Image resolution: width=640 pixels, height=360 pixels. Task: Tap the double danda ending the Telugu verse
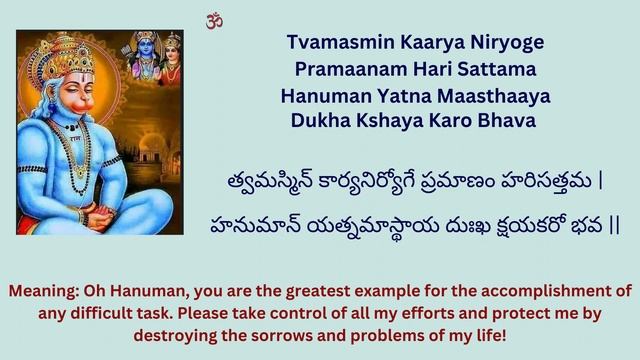pos(613,223)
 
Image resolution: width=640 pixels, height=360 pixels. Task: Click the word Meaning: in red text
pos(48,291)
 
